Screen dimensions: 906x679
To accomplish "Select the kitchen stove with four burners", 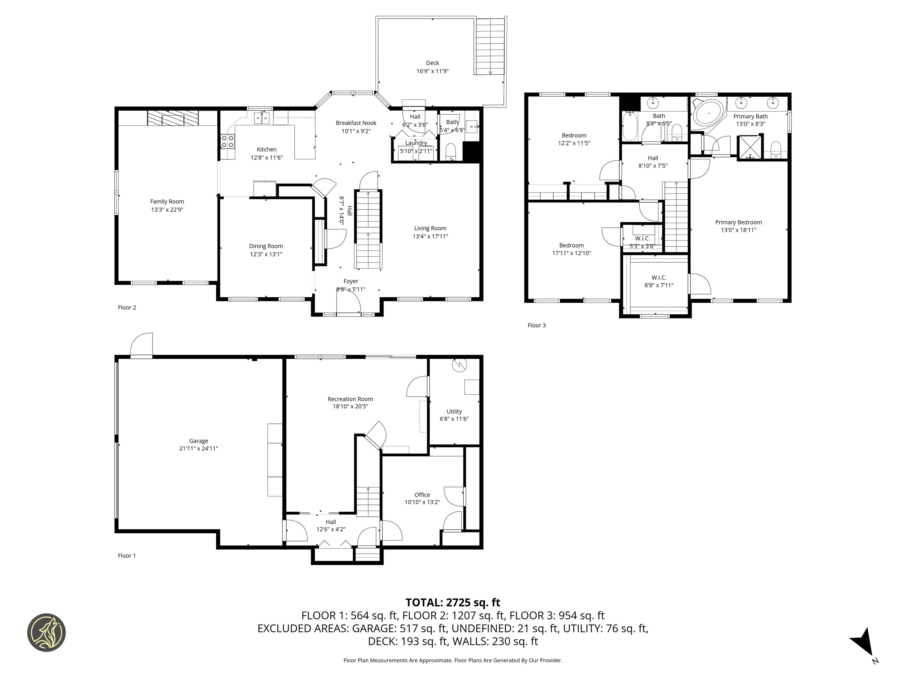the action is pyautogui.click(x=228, y=142).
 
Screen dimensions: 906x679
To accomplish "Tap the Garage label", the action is pyautogui.click(x=199, y=441).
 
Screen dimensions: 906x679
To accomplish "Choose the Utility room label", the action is pyautogui.click(x=454, y=411).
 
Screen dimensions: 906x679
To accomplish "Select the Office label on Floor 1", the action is pyautogui.click(x=422, y=495).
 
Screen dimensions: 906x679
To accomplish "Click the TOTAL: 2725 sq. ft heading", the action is pyautogui.click(x=453, y=602).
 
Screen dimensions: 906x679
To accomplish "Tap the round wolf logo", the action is pyautogui.click(x=46, y=632).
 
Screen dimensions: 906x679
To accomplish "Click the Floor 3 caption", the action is pyautogui.click(x=536, y=325).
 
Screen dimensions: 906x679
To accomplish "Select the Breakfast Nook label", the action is pyautogui.click(x=356, y=123).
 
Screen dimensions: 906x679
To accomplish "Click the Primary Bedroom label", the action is pyautogui.click(x=738, y=222).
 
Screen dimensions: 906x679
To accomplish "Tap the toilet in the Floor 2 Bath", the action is pyautogui.click(x=451, y=151).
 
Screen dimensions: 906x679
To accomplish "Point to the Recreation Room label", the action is pyautogui.click(x=350, y=399).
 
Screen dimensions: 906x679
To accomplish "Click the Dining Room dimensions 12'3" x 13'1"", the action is pyautogui.click(x=266, y=254).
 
